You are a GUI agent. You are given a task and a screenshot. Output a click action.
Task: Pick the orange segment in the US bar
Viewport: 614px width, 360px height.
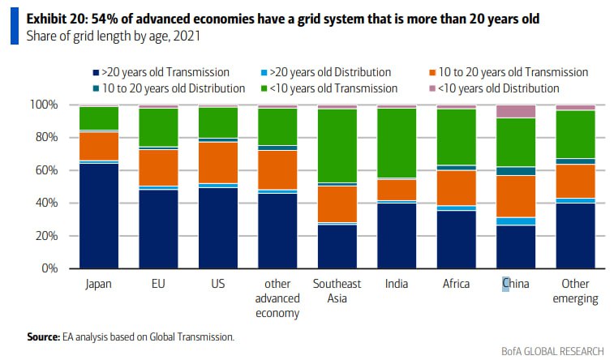218,162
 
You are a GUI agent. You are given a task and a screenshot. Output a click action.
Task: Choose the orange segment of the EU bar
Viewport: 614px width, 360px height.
158,168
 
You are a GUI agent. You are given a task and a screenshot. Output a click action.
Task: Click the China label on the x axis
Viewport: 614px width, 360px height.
516,284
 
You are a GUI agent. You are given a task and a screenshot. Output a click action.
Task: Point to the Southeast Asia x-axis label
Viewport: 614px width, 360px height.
337,291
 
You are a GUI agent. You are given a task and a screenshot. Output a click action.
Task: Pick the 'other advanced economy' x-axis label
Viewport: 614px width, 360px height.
277,298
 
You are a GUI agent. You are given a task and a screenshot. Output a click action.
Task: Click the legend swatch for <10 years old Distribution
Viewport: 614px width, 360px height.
432,88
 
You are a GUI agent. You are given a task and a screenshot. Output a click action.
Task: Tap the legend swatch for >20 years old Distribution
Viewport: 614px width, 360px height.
264,72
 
